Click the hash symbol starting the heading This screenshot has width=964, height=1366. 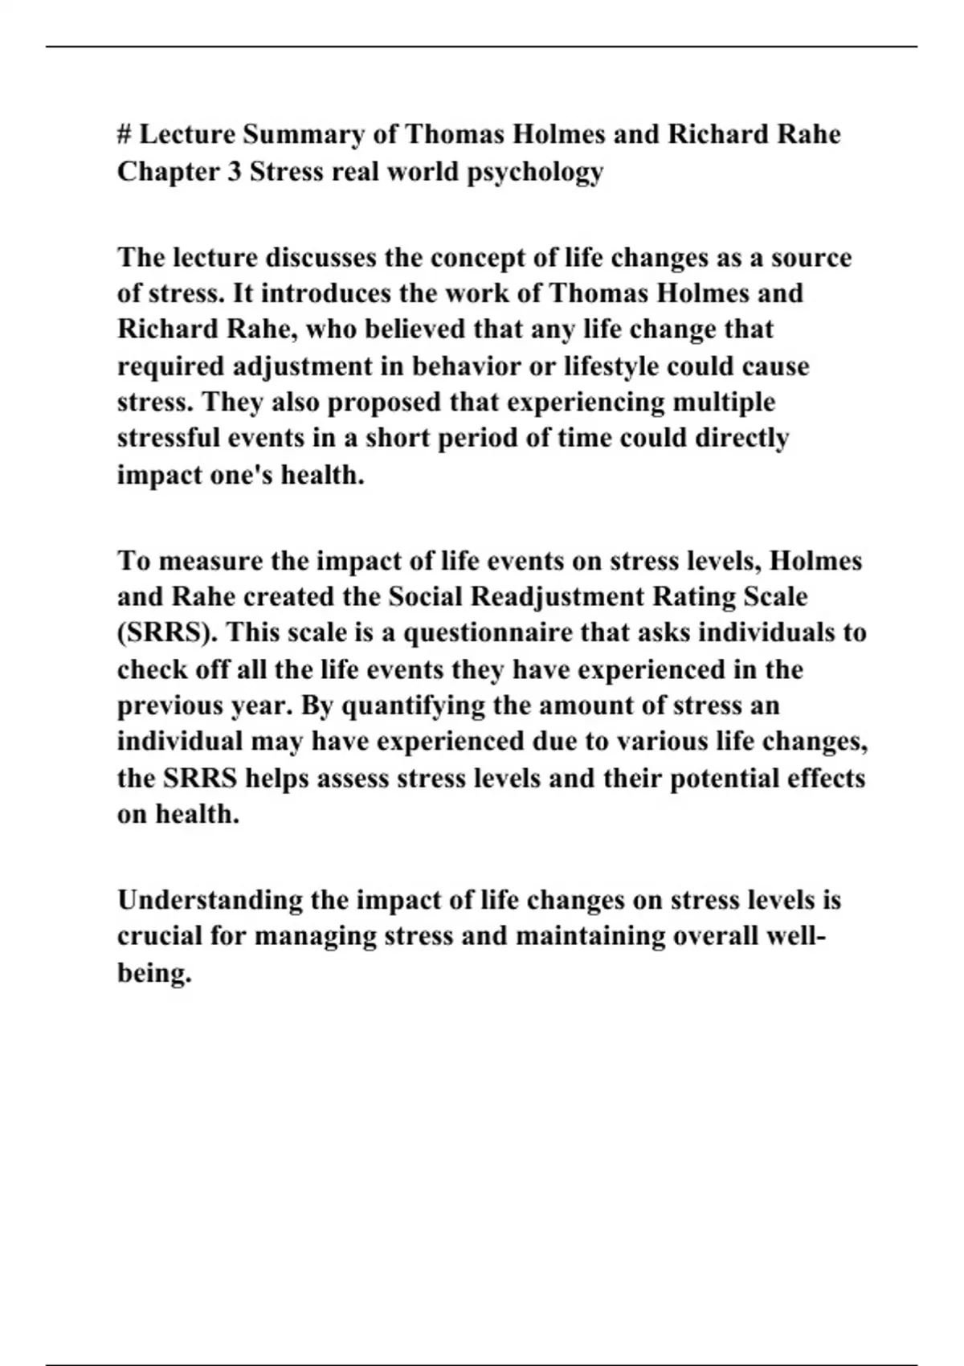point(125,133)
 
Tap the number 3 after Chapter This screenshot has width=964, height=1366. point(233,171)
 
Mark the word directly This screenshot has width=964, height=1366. point(741,438)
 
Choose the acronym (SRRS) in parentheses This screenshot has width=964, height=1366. point(168,632)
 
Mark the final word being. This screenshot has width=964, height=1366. point(153,973)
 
